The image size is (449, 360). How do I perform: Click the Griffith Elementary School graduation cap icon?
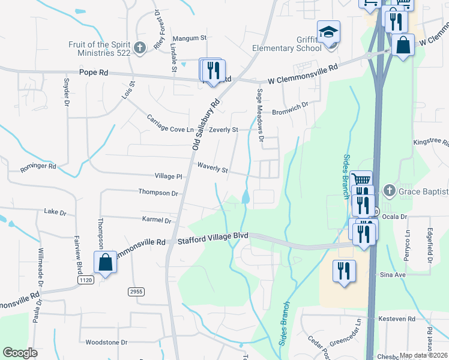click(x=328, y=32)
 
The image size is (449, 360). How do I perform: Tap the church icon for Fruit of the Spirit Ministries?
click(x=140, y=48)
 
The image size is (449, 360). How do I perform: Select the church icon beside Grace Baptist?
click(x=388, y=191)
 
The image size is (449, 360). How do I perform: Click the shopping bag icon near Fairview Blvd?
click(x=105, y=263)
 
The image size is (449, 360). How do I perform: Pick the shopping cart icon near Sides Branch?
click(x=361, y=181)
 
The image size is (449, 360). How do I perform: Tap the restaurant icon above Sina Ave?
click(x=343, y=271)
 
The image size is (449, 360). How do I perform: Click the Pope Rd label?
click(x=94, y=72)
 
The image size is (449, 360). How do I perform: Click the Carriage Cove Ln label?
click(x=170, y=124)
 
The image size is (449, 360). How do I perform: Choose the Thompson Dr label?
click(x=158, y=193)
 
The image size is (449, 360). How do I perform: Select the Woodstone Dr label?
click(x=106, y=343)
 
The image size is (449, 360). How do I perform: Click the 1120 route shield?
click(x=85, y=280)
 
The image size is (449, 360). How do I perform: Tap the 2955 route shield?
click(x=136, y=292)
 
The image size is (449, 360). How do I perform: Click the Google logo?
click(x=20, y=353)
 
